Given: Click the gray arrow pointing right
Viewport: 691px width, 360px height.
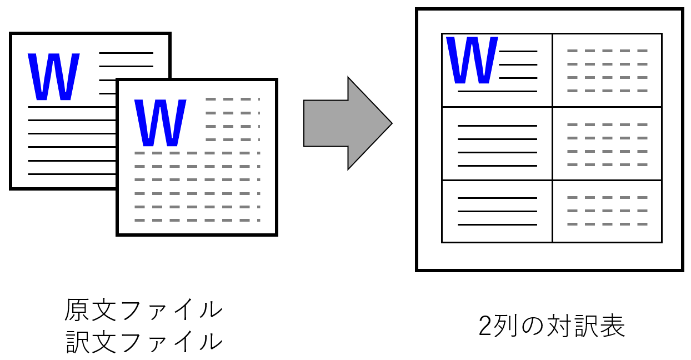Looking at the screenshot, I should tap(344, 123).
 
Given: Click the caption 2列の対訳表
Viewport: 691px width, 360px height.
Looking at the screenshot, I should tap(552, 327).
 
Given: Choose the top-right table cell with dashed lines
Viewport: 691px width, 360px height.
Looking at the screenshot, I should tap(607, 70).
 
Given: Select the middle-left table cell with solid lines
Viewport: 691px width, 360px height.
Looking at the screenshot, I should tap(497, 143).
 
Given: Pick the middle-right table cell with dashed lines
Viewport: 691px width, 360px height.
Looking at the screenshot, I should tap(607, 143).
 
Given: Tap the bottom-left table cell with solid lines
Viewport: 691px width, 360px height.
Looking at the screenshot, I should tap(497, 211).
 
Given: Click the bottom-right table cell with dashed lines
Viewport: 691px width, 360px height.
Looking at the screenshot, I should tap(607, 211).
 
